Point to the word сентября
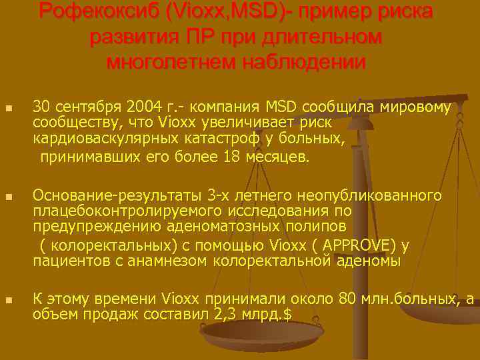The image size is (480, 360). tap(83, 107)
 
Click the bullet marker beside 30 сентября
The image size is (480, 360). tap(8, 108)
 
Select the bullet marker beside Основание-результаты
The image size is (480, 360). tap(8, 197)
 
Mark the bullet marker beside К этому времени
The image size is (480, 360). tap(8, 299)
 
